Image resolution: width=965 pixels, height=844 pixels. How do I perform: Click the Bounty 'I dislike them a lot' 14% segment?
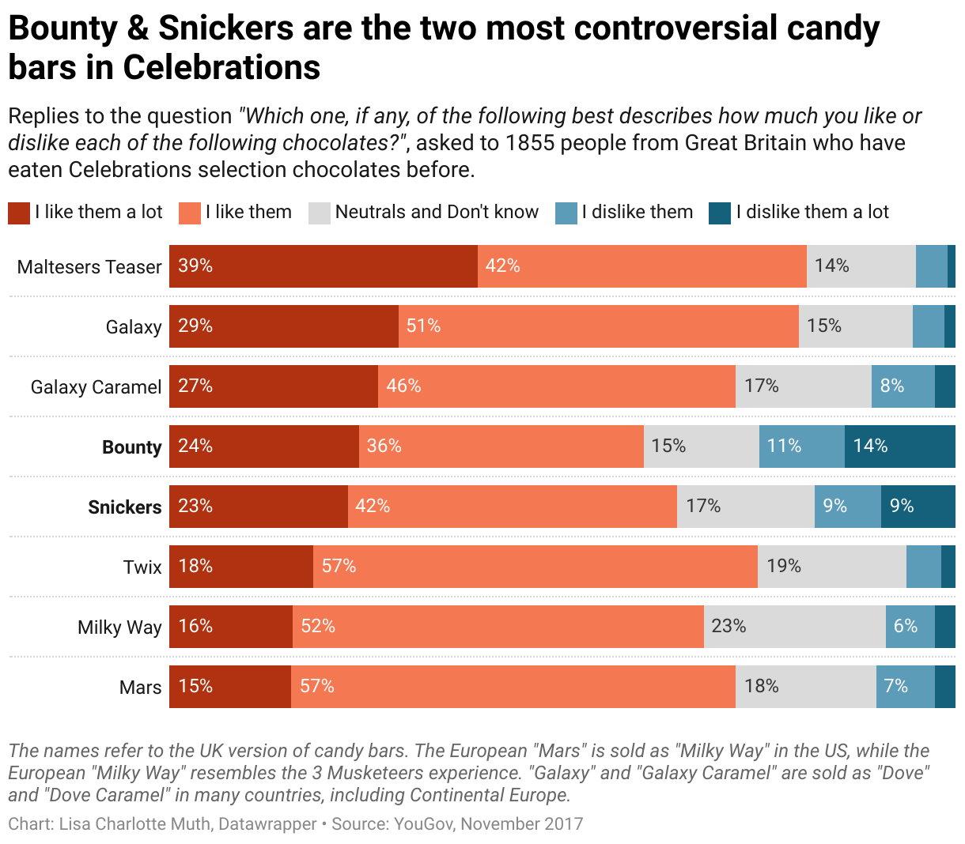click(899, 446)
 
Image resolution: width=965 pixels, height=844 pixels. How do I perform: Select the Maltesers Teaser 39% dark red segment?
click(323, 266)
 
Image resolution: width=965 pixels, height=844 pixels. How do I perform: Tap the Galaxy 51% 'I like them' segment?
click(598, 326)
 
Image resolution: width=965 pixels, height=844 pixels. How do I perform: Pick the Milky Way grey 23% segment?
click(794, 627)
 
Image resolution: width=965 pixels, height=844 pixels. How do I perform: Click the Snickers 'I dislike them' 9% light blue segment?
click(847, 507)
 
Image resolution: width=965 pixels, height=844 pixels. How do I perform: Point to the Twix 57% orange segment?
click(535, 567)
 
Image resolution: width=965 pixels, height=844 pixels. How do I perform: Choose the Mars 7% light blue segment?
click(905, 687)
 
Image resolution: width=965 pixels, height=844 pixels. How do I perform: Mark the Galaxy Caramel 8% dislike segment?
click(903, 386)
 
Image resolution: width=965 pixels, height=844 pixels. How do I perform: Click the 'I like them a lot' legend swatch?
click(19, 213)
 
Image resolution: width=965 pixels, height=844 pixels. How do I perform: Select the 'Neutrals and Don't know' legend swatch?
click(320, 213)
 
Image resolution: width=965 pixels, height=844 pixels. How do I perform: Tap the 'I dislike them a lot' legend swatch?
click(720, 213)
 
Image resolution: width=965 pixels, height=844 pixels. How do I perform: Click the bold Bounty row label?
click(131, 447)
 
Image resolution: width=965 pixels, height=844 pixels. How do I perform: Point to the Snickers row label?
click(124, 507)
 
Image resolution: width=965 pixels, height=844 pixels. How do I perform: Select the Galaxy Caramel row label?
click(96, 387)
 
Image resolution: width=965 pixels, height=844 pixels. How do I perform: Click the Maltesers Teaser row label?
click(89, 267)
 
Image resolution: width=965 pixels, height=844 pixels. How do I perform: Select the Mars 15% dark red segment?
click(229, 687)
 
